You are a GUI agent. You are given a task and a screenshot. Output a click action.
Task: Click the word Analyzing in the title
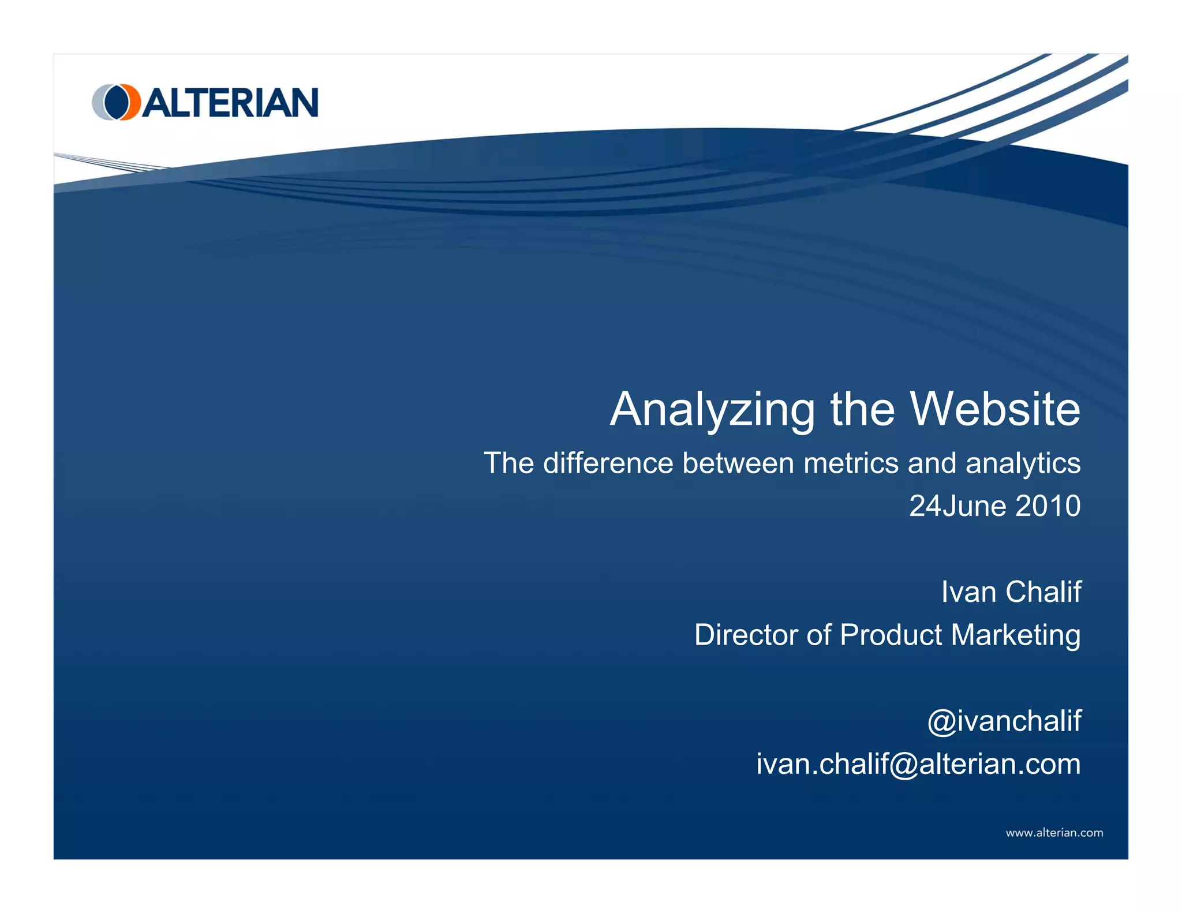[712, 410]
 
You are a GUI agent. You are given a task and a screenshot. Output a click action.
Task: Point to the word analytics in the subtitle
[1023, 463]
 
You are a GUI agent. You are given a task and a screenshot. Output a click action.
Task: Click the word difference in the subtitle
[608, 463]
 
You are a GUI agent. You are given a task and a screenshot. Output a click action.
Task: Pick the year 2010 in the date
[1048, 506]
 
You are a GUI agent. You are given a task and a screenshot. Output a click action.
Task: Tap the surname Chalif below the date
[1043, 592]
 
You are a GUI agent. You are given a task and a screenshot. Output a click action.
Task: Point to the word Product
[891, 635]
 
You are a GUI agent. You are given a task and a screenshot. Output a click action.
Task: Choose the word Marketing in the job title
[1015, 635]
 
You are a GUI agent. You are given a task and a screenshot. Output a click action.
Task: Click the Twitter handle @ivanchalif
[1004, 721]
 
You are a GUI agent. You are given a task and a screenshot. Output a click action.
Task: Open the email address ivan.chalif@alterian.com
[918, 764]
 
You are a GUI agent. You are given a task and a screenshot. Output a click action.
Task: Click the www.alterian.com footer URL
[1054, 833]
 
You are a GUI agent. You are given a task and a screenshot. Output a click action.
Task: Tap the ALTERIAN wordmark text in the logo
[230, 103]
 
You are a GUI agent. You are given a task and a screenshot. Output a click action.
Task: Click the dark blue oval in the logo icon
[117, 102]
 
